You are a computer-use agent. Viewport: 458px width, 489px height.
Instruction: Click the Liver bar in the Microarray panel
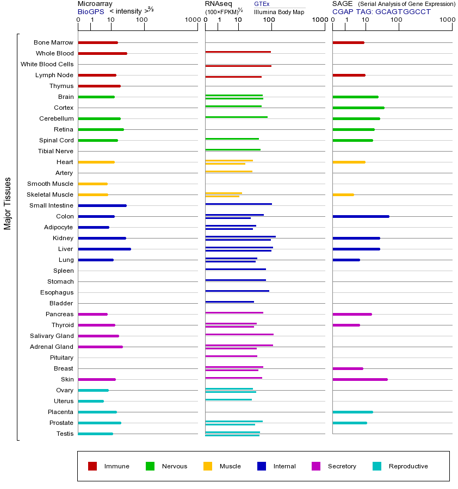(x=104, y=249)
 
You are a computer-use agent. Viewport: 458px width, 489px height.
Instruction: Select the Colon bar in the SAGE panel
(x=361, y=216)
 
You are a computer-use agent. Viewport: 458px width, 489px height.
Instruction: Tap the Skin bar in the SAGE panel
(x=360, y=379)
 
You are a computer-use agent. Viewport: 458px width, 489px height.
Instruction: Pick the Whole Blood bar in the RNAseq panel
(x=238, y=52)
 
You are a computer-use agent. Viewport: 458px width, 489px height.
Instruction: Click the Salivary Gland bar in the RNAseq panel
(x=239, y=335)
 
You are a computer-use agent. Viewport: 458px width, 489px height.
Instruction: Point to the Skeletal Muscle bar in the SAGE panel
(x=343, y=195)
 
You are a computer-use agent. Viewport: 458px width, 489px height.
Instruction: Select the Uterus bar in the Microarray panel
(x=91, y=401)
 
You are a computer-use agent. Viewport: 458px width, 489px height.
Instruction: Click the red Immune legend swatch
(x=92, y=466)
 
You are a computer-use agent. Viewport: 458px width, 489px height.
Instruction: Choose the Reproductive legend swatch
(x=377, y=466)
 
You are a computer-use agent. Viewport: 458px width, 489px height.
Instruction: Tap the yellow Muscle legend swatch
(x=208, y=466)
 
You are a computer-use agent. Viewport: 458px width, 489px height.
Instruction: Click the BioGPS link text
(x=90, y=11)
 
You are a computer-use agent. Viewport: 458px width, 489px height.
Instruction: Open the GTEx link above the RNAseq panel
(x=262, y=4)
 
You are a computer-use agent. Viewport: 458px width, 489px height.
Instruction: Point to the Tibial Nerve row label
(x=55, y=151)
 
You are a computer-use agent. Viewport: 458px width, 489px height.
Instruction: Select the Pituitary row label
(x=61, y=358)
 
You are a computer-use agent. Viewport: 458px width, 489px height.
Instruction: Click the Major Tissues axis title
(x=8, y=203)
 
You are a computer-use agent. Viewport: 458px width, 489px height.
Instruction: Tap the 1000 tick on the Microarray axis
(x=191, y=20)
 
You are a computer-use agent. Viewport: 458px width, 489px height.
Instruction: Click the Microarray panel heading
(x=95, y=4)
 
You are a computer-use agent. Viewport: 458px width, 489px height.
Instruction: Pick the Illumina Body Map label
(x=279, y=11)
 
